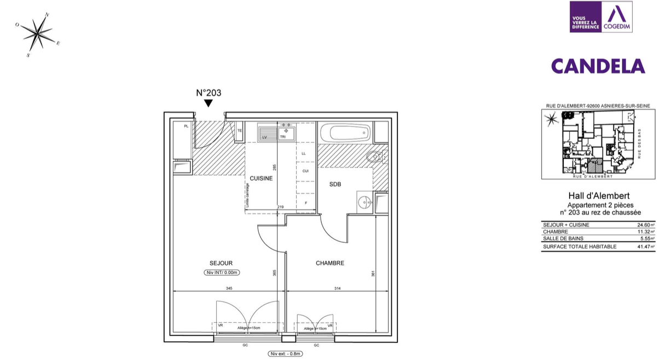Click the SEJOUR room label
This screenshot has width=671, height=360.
tap(221, 263)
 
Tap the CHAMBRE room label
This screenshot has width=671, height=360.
tap(330, 263)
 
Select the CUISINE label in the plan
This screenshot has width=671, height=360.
tap(261, 178)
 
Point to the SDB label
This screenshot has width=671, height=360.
tap(335, 184)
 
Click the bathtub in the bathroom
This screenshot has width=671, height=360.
tap(345, 132)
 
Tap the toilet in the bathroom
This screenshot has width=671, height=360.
tap(376, 158)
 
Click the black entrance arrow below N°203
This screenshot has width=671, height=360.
tap(208, 103)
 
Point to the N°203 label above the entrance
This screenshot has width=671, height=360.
tap(209, 93)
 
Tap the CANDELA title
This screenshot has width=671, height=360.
tap(598, 66)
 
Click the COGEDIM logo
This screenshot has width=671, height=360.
tap(617, 17)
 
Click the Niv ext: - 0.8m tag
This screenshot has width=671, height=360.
tap(285, 353)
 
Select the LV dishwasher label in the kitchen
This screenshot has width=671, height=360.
tap(265, 137)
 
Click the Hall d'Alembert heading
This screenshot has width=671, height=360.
tap(598, 195)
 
